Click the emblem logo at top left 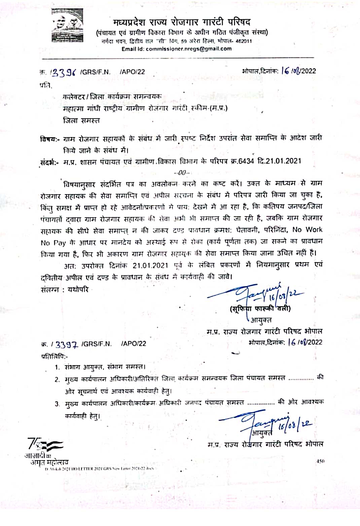pos(67,25)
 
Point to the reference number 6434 pos(246,161)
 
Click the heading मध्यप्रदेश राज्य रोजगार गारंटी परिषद pos(182,23)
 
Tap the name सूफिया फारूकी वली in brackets pos(260,308)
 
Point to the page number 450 pos(320,461)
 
